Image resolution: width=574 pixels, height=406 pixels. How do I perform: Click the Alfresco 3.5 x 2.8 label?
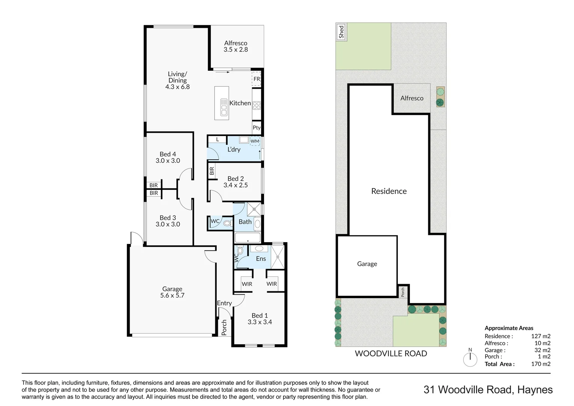coord(236,46)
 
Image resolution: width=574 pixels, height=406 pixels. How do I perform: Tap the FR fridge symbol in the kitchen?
coord(257,79)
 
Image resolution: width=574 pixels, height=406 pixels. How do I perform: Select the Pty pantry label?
coord(257,127)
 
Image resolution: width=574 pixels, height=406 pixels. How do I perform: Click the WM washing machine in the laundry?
coord(255,141)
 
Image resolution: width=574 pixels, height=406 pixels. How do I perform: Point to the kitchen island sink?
coord(224,108)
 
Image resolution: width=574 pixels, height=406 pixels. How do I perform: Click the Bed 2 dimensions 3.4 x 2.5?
coord(236,185)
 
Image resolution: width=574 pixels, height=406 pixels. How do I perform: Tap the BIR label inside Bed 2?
coord(212,171)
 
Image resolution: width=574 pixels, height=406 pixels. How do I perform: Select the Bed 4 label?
coord(168,154)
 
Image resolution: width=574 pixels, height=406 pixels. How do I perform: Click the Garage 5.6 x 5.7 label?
coord(172,292)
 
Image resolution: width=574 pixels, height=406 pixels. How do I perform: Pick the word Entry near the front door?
coord(224,303)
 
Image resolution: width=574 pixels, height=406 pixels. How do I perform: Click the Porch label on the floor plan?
coord(224,327)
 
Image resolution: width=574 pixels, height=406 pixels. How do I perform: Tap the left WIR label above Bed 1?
coord(247,284)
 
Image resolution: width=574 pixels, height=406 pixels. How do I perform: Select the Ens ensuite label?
coord(261,259)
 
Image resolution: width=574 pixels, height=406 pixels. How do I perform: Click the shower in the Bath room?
coord(254,209)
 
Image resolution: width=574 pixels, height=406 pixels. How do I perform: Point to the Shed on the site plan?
coord(341,32)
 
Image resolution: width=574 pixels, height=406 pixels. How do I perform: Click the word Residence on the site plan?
coord(389,191)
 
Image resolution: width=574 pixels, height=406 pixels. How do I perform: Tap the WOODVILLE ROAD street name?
coord(391,353)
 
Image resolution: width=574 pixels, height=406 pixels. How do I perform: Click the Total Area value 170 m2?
coord(541,364)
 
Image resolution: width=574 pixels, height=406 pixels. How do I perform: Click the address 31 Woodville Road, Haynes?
coord(488,389)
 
